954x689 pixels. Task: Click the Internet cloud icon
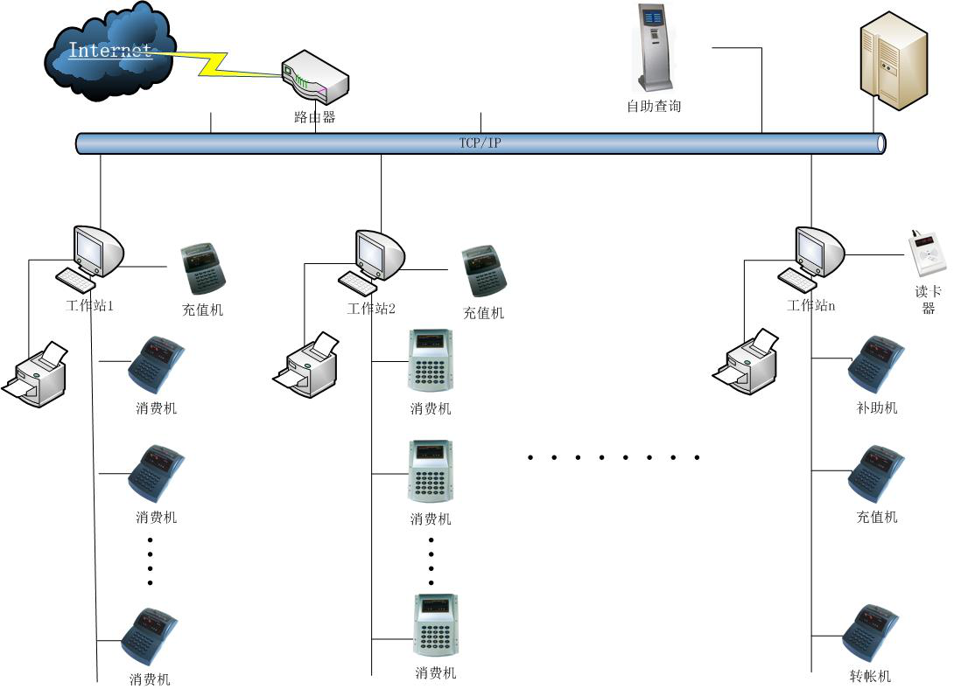tap(109, 52)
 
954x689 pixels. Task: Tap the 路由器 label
tap(315, 117)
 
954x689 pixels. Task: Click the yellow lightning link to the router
tap(214, 61)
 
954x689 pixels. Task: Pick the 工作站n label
tap(811, 306)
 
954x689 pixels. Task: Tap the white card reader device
tap(927, 255)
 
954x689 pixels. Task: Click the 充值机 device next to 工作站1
tap(203, 269)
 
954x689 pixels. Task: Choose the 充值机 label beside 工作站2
tap(483, 313)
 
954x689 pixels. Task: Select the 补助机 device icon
tap(876, 362)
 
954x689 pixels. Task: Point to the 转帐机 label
tap(870, 677)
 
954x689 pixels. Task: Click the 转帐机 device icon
tap(872, 632)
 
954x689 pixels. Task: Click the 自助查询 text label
tap(654, 107)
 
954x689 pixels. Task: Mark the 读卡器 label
tap(928, 300)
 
